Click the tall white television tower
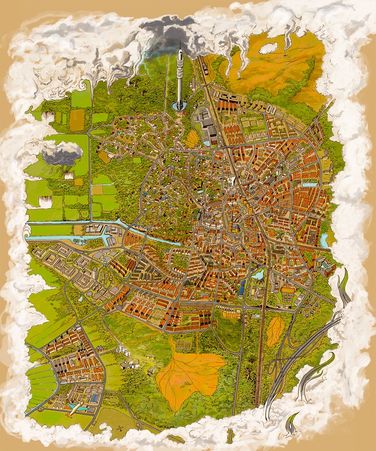[x=180, y=76]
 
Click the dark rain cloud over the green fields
[x=62, y=153]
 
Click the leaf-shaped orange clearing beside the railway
[x=275, y=331]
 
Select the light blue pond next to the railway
[x=258, y=275]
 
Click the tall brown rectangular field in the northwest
[x=76, y=120]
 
